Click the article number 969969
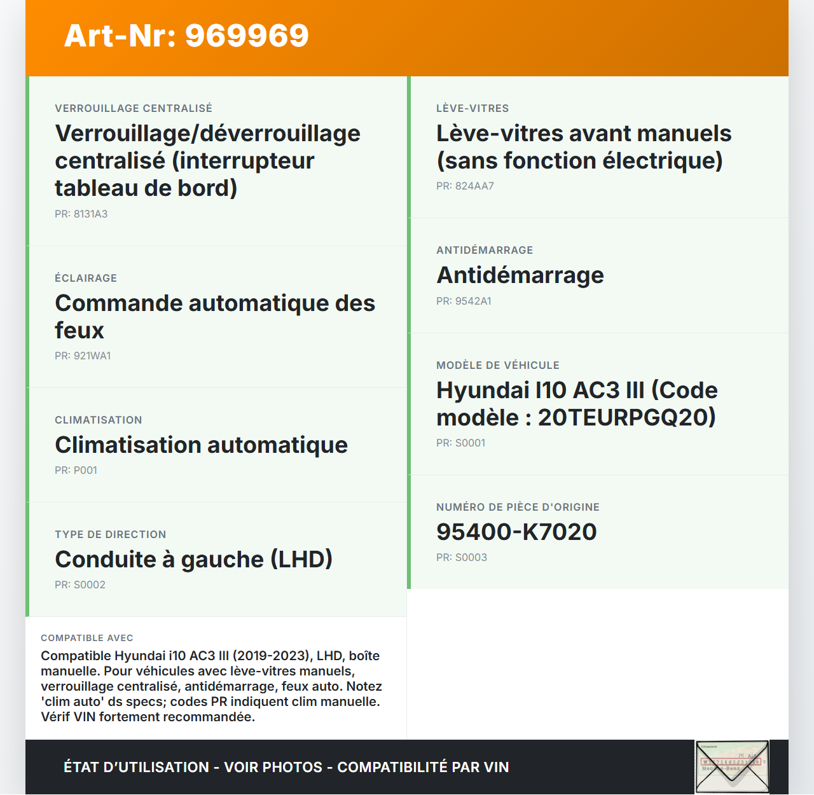pyautogui.click(x=247, y=36)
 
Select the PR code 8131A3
pyautogui.click(x=90, y=214)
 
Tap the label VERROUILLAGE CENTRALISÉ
pyautogui.click(x=134, y=109)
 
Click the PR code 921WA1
pyautogui.click(x=92, y=356)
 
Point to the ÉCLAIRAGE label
pyautogui.click(x=86, y=279)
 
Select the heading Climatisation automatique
pyautogui.click(x=201, y=445)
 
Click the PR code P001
pyautogui.click(x=85, y=471)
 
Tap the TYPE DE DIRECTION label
pyautogui.click(x=111, y=535)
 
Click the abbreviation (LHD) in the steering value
pyautogui.click(x=301, y=560)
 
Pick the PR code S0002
pyautogui.click(x=89, y=585)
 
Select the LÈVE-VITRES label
pyautogui.click(x=473, y=109)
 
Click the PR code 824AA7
pyautogui.click(x=474, y=186)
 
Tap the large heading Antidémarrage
pyautogui.click(x=520, y=275)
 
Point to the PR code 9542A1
pyautogui.click(x=473, y=301)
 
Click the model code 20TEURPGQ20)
pyautogui.click(x=627, y=418)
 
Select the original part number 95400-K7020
pyautogui.click(x=516, y=532)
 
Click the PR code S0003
pyautogui.click(x=471, y=558)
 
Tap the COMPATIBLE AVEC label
pyautogui.click(x=87, y=638)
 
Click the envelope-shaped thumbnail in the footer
pyautogui.click(x=732, y=767)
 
